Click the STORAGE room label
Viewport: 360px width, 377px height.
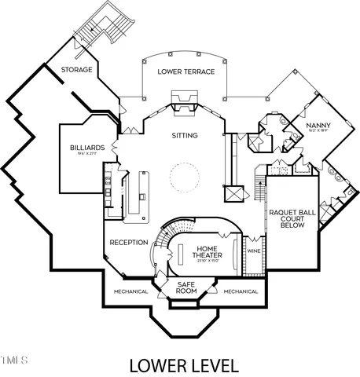[77, 70]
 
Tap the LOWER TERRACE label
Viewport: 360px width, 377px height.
[182, 72]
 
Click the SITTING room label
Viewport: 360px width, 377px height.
[185, 136]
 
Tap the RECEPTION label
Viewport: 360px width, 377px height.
[128, 242]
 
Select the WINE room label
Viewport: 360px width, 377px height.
[253, 251]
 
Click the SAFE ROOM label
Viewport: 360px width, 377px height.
[186, 287]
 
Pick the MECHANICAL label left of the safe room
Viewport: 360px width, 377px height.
[130, 291]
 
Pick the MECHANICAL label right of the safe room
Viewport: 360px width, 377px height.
[241, 291]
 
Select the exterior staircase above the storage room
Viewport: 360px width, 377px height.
[101, 31]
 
